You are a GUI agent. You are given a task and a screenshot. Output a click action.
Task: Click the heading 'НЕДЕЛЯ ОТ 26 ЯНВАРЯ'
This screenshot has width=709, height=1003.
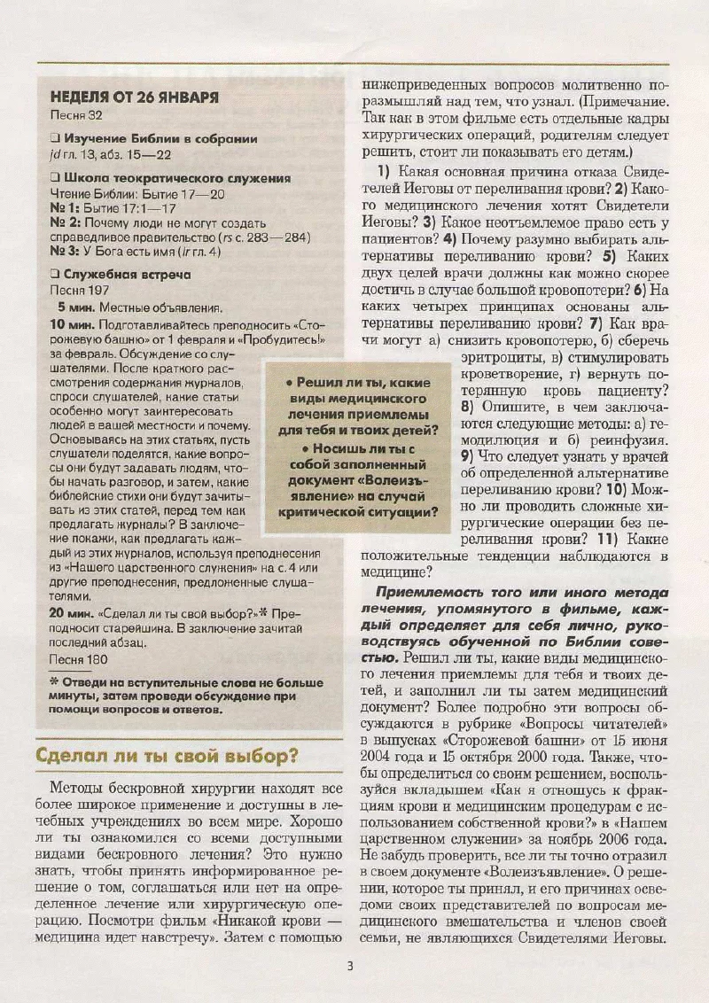point(135,97)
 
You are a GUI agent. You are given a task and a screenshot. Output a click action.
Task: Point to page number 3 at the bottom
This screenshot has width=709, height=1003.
point(350,966)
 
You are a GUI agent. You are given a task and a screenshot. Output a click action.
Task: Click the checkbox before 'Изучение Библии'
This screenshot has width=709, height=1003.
point(55,138)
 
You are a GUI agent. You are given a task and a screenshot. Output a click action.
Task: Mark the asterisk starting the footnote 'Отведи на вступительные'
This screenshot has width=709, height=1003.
point(54,681)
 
